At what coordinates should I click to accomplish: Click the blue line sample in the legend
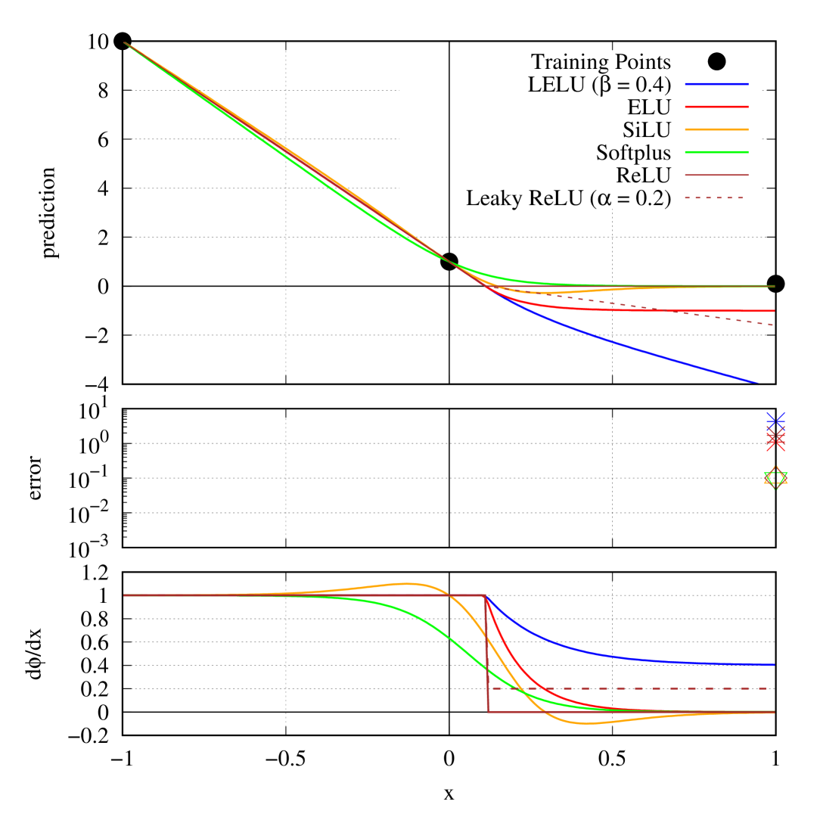coord(716,84)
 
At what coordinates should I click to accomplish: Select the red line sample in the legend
coord(716,107)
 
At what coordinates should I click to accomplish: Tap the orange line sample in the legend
coord(716,129)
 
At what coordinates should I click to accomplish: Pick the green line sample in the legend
coord(716,152)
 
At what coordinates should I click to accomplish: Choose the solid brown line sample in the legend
coord(716,175)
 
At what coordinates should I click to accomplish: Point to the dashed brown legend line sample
coord(714,197)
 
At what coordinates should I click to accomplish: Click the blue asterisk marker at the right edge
coord(775,420)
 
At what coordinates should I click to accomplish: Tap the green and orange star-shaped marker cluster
coord(775,477)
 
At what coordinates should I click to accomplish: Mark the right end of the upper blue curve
coord(757,383)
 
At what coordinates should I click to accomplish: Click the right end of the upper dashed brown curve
coord(773,325)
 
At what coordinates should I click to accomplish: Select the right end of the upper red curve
coord(774,311)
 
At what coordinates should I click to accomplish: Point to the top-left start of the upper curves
coord(125,43)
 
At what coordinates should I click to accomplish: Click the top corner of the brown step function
coord(485,595)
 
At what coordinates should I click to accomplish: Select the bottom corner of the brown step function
coord(489,711)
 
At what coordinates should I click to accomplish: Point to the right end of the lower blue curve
coord(774,664)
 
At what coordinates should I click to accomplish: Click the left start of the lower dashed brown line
coord(493,688)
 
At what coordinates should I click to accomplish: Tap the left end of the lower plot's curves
coord(125,595)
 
